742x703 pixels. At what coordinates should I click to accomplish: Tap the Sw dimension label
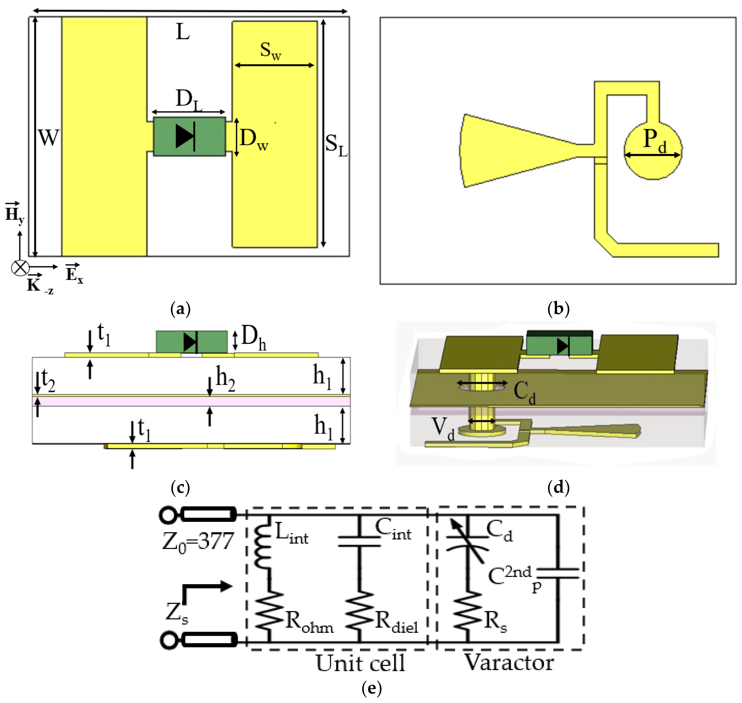coord(271,50)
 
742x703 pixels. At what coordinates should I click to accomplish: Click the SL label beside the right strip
coord(336,145)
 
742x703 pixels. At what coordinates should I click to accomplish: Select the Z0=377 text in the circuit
coord(198,542)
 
